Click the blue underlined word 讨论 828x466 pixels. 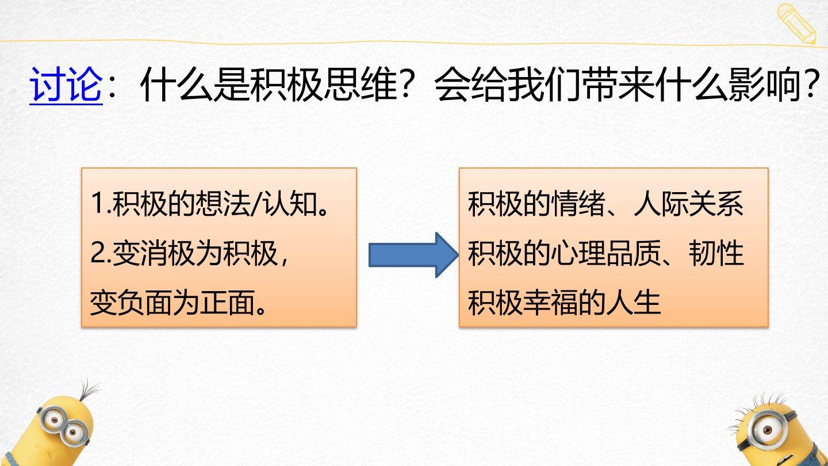(x=66, y=85)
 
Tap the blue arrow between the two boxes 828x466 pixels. (x=413, y=255)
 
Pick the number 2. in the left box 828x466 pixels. (x=101, y=253)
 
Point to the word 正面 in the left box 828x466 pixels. (x=228, y=303)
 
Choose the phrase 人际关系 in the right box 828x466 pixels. (x=688, y=204)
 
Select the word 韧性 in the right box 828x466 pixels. (x=716, y=253)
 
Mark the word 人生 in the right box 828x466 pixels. (x=634, y=303)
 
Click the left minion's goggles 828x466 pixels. (x=64, y=426)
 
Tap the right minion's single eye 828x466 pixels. (x=767, y=430)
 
